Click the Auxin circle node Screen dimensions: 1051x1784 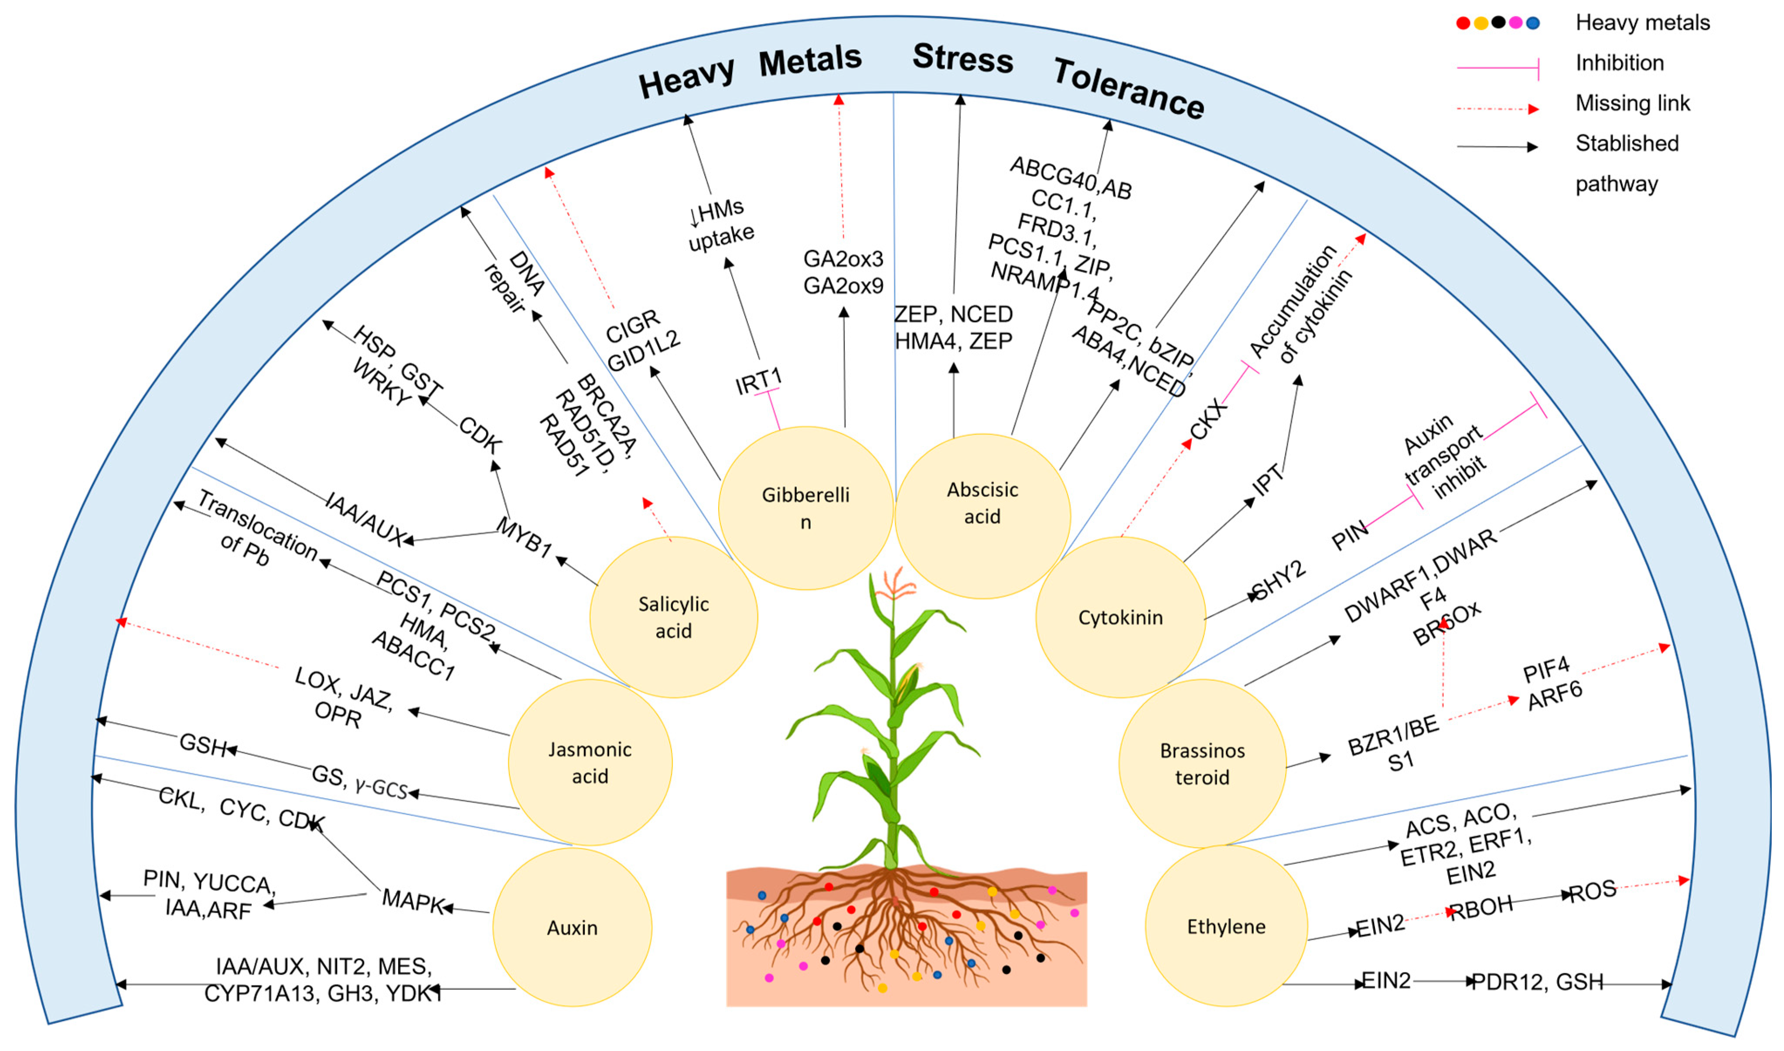pos(573,928)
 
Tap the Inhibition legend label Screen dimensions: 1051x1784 pos(1620,63)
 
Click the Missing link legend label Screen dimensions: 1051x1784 pos(1632,103)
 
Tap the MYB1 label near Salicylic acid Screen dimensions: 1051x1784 pos(524,537)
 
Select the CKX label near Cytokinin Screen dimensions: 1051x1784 pos(1208,419)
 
